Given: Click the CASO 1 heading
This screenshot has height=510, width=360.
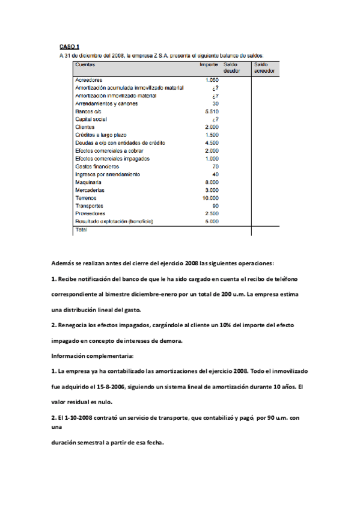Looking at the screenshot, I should click(69, 46).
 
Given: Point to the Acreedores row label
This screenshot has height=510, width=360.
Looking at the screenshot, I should click(89, 80).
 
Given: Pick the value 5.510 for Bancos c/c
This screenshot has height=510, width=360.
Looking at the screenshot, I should click(212, 112).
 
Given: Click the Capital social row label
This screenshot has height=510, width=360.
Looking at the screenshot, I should click(91, 120).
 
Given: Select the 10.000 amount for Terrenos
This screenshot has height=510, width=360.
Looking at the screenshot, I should click(210, 198).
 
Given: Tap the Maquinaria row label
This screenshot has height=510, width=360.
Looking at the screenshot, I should click(88, 182).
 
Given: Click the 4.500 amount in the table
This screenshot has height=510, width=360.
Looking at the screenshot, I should click(212, 143).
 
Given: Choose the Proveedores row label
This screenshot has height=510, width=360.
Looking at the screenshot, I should click(90, 214).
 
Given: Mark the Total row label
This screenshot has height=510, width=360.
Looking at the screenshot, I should click(81, 230).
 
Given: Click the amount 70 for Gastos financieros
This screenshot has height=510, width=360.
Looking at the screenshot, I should click(215, 167).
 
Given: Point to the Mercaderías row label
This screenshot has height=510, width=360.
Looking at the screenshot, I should click(90, 190).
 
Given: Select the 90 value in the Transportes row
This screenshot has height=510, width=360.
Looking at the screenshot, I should click(215, 206).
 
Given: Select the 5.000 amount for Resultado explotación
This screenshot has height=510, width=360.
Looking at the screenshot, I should click(212, 221).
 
